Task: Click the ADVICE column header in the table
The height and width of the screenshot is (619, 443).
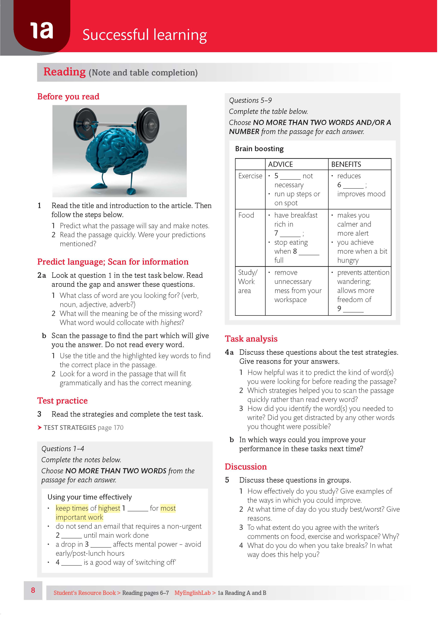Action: click(x=280, y=164)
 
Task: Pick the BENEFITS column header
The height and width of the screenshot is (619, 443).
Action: click(x=346, y=164)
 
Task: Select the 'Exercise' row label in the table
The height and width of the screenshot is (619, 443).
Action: click(x=250, y=176)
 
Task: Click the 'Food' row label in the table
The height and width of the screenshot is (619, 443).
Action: click(x=246, y=215)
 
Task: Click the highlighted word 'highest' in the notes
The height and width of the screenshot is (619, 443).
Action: click(x=109, y=508)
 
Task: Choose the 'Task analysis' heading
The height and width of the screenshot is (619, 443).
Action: click(x=251, y=339)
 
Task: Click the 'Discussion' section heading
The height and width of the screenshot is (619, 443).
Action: click(x=245, y=467)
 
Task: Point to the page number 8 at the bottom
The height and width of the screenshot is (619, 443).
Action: click(x=33, y=590)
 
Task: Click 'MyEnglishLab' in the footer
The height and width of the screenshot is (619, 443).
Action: click(x=193, y=593)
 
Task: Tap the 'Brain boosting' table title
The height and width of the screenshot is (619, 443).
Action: click(x=259, y=149)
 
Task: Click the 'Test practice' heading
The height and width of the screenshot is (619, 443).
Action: click(x=62, y=401)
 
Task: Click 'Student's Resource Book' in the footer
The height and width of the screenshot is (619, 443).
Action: click(x=85, y=593)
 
